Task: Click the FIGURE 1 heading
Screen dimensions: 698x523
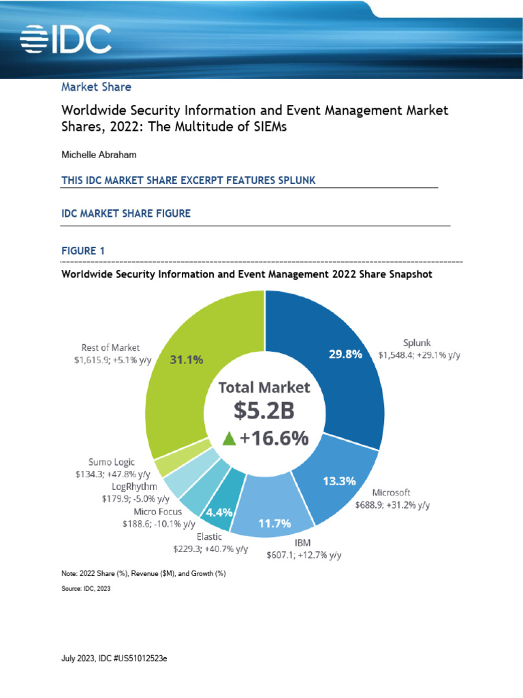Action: [83, 252]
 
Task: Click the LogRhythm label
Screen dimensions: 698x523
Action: [134, 487]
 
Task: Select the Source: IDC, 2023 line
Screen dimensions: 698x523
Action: [85, 588]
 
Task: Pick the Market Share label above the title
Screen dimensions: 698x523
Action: [96, 87]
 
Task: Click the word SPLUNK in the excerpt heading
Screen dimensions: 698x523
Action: [291, 180]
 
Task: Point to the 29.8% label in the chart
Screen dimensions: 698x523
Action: [345, 354]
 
